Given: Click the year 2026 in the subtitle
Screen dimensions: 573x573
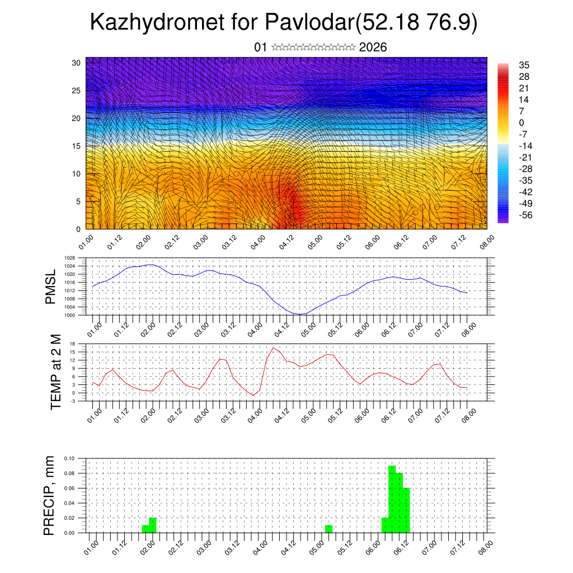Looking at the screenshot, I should pyautogui.click(x=373, y=48).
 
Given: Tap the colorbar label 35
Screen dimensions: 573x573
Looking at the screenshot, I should pyautogui.click(x=524, y=65).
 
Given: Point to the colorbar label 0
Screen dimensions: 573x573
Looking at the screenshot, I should pyautogui.click(x=522, y=123).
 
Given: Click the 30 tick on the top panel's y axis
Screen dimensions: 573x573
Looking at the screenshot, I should pyautogui.click(x=77, y=63).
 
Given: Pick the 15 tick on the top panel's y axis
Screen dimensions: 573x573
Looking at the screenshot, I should pyautogui.click(x=77, y=146).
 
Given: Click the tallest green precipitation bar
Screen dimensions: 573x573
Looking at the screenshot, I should pyautogui.click(x=392, y=498).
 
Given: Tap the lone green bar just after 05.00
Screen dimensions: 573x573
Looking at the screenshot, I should pyautogui.click(x=328, y=529).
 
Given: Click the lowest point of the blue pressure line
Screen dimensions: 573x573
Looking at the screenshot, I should pyautogui.click(x=300, y=314).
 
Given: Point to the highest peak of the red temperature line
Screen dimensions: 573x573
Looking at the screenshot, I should pyautogui.click(x=274, y=347).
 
